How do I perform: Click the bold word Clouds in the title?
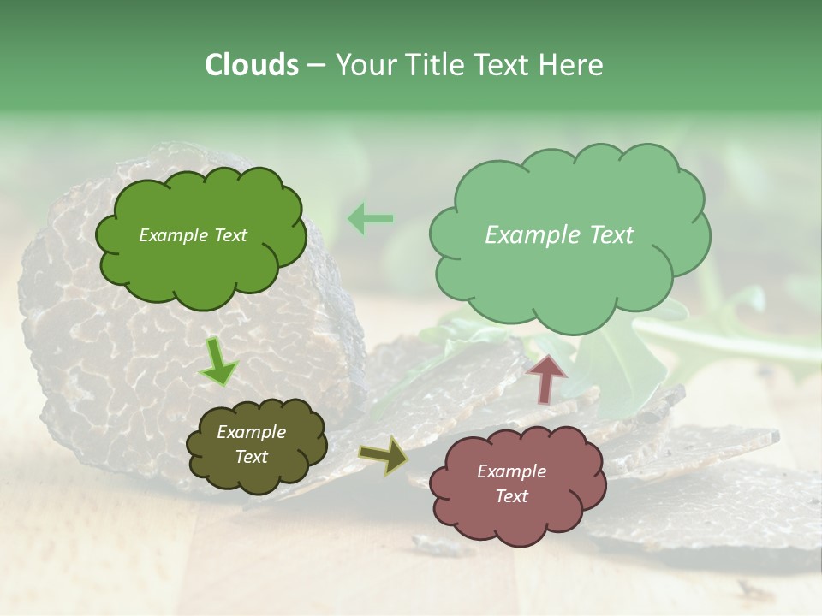pos(251,65)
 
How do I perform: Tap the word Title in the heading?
pos(432,65)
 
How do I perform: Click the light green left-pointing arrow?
pos(370,219)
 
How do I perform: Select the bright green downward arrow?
pos(218,363)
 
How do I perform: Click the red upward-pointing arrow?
pos(546,377)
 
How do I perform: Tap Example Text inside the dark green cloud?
pos(193,235)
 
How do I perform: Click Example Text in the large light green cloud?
pos(559,235)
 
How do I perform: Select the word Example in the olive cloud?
pos(251,432)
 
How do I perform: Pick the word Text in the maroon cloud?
pos(511,496)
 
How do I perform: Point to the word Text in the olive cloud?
pos(251,457)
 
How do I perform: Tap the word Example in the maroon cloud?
pos(511,471)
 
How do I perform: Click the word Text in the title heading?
pos(500,65)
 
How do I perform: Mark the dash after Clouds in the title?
pos(317,65)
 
